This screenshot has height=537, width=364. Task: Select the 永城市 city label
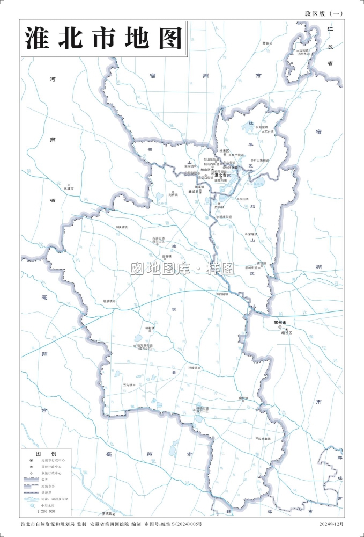pyautogui.click(x=69, y=189)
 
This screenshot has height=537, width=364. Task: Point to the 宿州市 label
pyautogui.click(x=280, y=322)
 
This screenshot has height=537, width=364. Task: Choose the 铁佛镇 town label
pyautogui.click(x=123, y=227)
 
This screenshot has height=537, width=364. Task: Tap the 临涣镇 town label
pyautogui.click(x=109, y=301)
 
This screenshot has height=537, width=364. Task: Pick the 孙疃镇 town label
pyautogui.click(x=193, y=368)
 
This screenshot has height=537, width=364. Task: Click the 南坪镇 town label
pyautogui.click(x=244, y=398)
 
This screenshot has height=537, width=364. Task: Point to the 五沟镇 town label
pyautogui.click(x=129, y=385)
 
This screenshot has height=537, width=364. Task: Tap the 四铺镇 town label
pyautogui.click(x=222, y=294)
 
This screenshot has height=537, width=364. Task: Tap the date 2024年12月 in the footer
pyautogui.click(x=331, y=524)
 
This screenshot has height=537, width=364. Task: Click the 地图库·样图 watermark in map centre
pyautogui.click(x=183, y=268)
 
